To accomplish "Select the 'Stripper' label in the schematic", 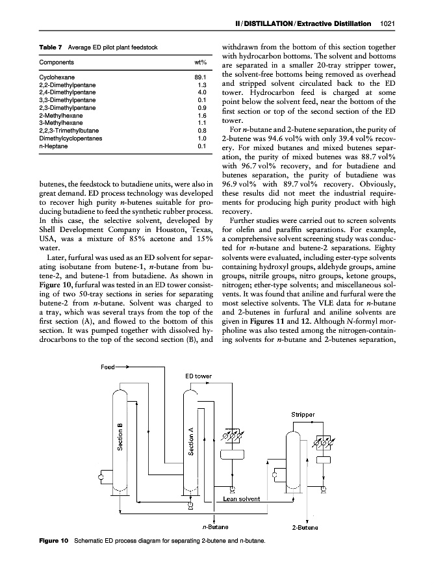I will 302,413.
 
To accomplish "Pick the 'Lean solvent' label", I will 241,499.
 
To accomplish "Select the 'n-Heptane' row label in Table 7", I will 53,145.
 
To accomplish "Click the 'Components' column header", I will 56,62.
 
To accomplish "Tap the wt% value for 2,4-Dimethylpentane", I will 201,92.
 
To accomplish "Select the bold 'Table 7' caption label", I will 51,47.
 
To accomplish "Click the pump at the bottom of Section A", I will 190,504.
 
